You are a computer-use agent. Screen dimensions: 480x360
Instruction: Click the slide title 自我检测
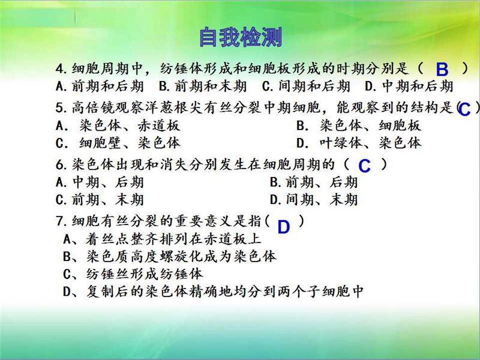click(x=241, y=37)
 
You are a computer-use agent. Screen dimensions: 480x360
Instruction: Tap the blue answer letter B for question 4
click(x=442, y=70)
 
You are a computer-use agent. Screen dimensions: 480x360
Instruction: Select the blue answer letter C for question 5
click(x=464, y=109)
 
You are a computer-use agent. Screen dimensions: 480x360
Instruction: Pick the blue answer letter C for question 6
click(x=364, y=166)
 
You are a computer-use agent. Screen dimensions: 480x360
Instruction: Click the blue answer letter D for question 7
click(x=283, y=227)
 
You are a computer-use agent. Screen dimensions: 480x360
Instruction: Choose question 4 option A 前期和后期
click(x=100, y=86)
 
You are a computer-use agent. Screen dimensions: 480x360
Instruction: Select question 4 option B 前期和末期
click(x=203, y=86)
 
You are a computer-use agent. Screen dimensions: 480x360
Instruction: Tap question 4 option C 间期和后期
click(x=306, y=86)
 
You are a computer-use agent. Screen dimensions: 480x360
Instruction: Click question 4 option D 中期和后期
click(x=409, y=86)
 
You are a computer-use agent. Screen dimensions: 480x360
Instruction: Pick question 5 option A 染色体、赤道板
click(x=118, y=125)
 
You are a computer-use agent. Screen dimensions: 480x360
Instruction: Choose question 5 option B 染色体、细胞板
click(x=359, y=125)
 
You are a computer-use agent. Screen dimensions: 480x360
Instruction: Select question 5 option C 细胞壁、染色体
click(x=118, y=143)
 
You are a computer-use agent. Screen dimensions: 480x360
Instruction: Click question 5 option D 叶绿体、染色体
click(x=359, y=143)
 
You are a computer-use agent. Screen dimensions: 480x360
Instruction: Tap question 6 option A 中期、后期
click(x=100, y=182)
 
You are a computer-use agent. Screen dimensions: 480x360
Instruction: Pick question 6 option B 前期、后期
click(x=314, y=182)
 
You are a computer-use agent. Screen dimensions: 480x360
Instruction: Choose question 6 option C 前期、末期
click(x=100, y=200)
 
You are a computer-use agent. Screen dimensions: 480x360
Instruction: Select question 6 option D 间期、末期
click(x=314, y=200)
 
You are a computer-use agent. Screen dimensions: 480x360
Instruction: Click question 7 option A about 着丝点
click(x=162, y=239)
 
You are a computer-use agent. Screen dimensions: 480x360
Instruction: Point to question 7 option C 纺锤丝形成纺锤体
click(x=133, y=274)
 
